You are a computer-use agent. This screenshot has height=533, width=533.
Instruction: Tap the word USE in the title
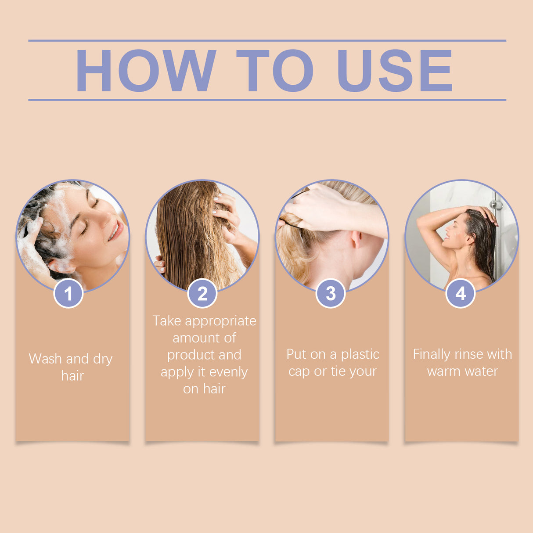[394, 70]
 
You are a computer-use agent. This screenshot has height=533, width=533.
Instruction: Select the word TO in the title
[275, 70]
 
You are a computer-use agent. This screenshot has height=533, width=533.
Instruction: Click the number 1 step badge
[68, 293]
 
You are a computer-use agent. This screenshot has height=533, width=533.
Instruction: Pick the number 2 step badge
[202, 293]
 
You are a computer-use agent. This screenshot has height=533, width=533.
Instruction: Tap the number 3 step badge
[331, 293]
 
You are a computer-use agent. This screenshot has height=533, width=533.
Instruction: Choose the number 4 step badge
[461, 293]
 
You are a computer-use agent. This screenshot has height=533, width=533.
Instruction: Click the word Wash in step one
[45, 359]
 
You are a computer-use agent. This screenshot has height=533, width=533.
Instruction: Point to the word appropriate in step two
[220, 321]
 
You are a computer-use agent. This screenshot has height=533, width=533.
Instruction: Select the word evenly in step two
[229, 372]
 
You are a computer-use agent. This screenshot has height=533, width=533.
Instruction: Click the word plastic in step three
[360, 354]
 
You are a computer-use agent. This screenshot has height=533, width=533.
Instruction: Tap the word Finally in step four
[432, 354]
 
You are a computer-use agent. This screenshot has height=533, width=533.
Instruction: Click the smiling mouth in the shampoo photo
[115, 230]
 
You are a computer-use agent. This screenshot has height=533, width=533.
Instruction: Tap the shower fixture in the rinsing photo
[497, 204]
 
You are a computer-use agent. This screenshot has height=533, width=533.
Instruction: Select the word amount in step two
[191, 338]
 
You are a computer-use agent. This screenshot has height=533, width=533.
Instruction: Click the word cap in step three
[299, 372]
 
